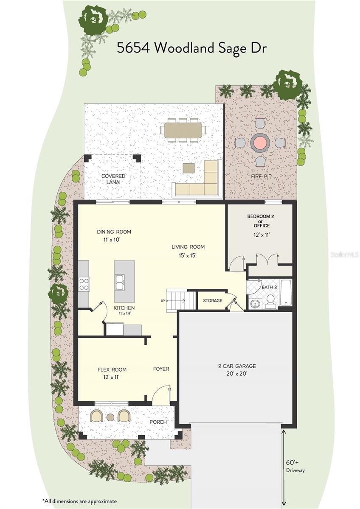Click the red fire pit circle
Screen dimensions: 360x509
[x=260, y=143]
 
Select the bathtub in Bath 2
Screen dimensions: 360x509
[x=286, y=292]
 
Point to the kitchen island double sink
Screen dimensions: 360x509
[x=120, y=282]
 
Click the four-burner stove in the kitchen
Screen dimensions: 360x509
[x=84, y=284]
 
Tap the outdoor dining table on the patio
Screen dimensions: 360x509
[x=183, y=130]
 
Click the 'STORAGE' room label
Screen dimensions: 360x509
[x=213, y=301]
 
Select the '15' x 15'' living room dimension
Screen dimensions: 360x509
[x=187, y=256]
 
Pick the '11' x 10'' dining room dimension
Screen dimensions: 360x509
[x=112, y=240]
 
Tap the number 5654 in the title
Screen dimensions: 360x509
[x=133, y=48]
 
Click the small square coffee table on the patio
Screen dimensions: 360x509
[x=189, y=168]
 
